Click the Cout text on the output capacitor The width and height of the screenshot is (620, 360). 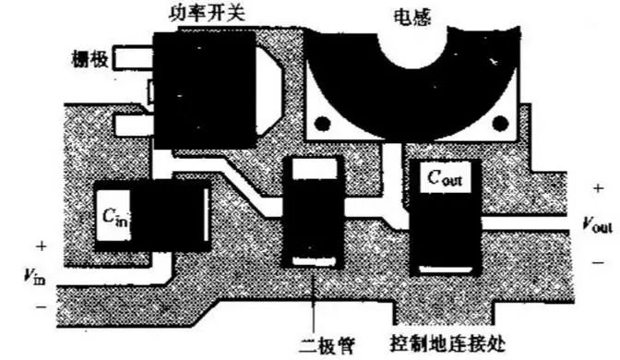point(443,178)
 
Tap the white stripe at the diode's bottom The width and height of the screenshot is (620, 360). point(316,261)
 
